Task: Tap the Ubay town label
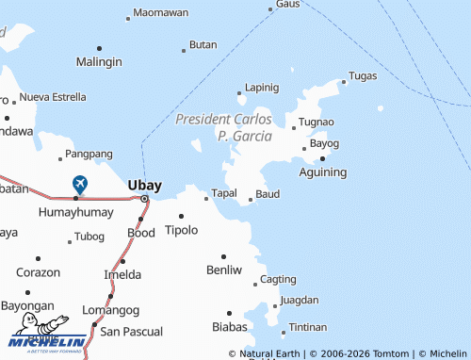144,185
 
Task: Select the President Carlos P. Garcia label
224,128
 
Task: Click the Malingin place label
99,62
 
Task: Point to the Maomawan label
160,13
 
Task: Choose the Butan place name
203,44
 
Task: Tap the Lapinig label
262,88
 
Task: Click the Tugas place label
363,75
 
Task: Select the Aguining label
322,172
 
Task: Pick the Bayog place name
324,143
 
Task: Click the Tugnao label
317,123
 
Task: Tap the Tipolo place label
182,230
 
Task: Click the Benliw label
224,270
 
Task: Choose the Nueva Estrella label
53,97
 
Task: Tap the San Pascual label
131,332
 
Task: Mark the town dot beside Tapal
206,199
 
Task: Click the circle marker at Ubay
144,200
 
